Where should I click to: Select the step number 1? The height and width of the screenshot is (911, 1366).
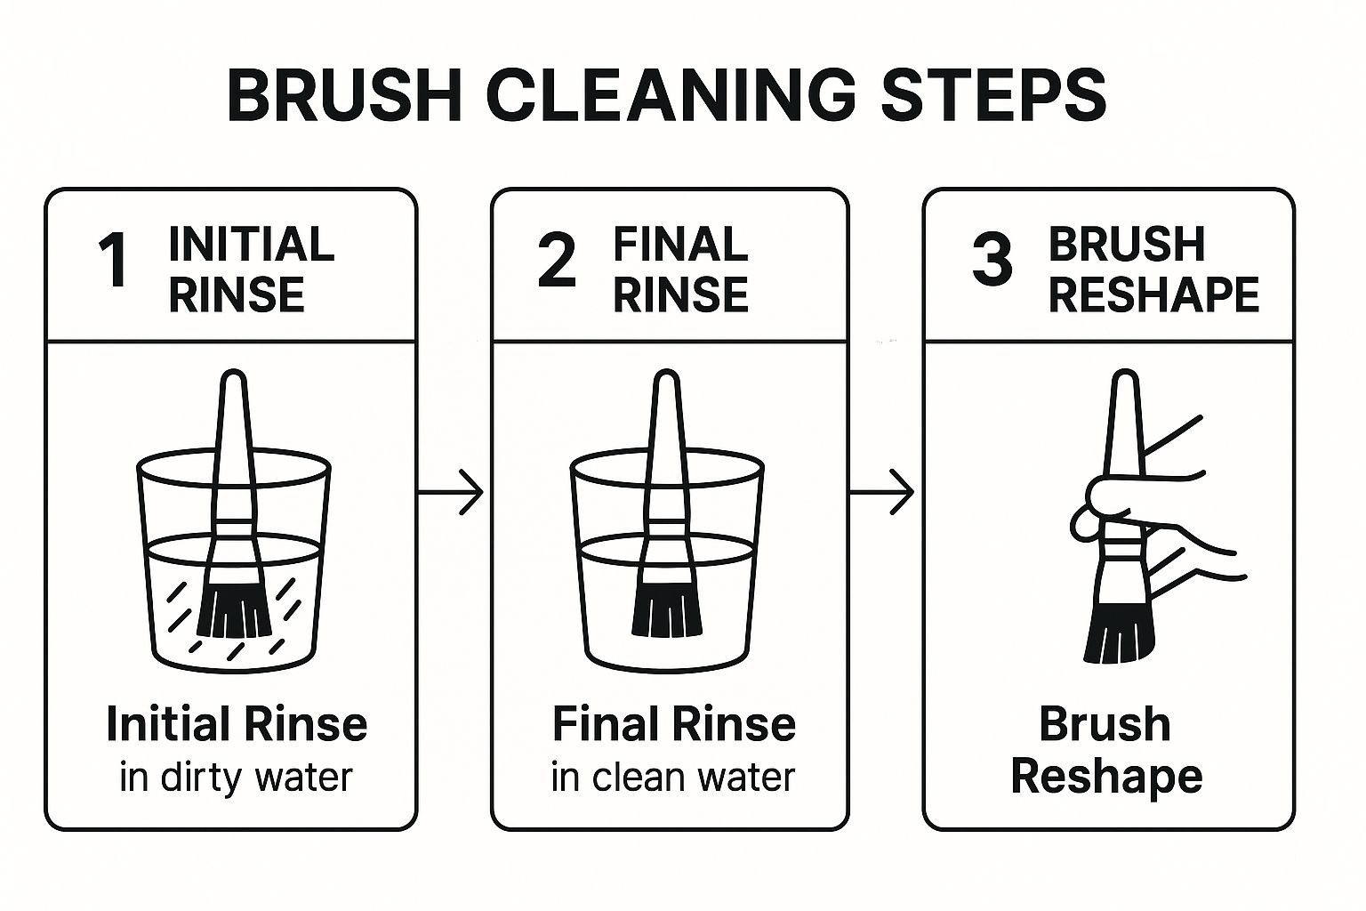click(x=114, y=261)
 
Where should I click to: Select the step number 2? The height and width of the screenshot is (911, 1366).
click(x=557, y=261)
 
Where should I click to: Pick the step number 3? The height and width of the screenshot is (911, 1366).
click(x=992, y=261)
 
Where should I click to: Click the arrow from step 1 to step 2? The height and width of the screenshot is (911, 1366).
click(x=451, y=491)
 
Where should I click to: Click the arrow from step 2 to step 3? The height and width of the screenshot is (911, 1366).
click(x=883, y=491)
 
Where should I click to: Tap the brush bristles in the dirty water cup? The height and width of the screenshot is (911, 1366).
click(x=234, y=609)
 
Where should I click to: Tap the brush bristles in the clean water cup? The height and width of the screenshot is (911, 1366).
click(x=667, y=609)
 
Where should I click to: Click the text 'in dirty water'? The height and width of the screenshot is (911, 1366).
click(x=236, y=778)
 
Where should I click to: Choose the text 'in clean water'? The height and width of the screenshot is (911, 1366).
click(x=672, y=778)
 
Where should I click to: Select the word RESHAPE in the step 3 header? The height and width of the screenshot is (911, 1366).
click(x=1153, y=294)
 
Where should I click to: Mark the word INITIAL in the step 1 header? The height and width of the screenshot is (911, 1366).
click(x=251, y=244)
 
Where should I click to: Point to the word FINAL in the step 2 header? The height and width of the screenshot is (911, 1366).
click(x=680, y=244)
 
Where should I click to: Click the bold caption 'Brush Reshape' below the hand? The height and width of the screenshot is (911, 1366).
click(x=1106, y=749)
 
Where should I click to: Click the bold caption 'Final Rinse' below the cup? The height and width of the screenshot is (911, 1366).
click(x=673, y=723)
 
